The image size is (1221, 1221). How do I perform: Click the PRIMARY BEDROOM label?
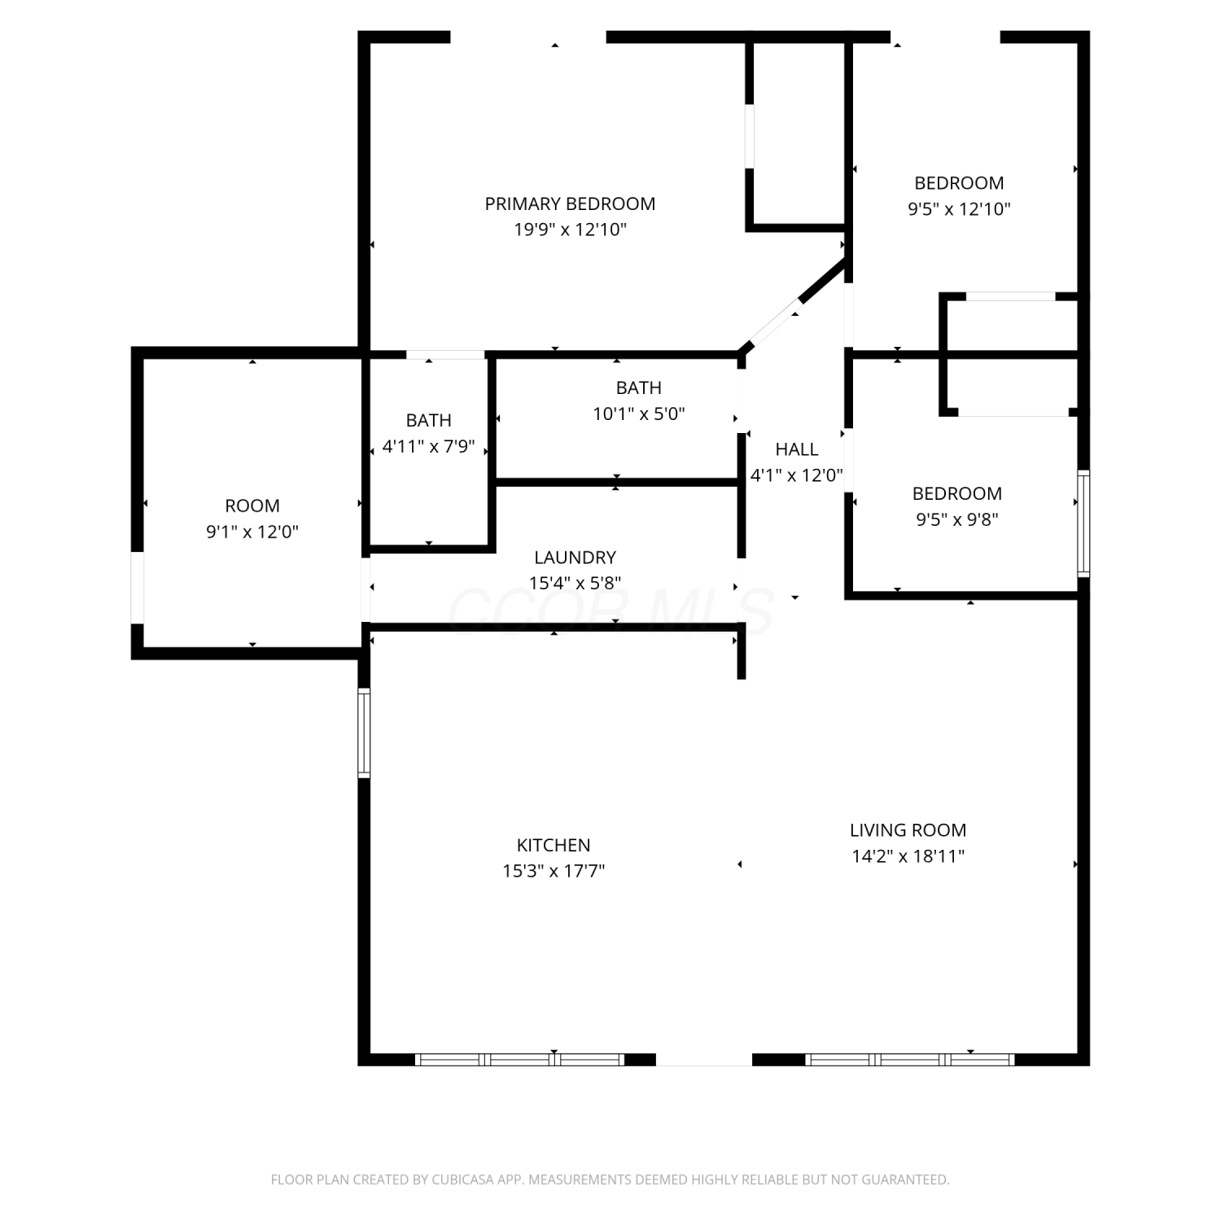[x=570, y=203]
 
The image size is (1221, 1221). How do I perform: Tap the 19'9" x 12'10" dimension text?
[x=570, y=230]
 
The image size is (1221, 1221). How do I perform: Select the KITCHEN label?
[x=554, y=845]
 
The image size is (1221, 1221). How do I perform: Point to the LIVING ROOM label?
[x=908, y=830]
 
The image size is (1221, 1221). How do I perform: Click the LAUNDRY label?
[x=575, y=558]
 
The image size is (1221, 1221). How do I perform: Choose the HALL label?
[x=797, y=449]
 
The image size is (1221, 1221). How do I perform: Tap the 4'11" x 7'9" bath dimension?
[x=428, y=447]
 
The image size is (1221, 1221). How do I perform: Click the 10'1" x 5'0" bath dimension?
[x=639, y=414]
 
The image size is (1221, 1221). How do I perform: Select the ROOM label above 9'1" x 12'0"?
[x=252, y=505]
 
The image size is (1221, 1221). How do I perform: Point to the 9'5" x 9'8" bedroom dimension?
[x=957, y=519]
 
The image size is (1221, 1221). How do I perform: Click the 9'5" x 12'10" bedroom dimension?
[x=959, y=208]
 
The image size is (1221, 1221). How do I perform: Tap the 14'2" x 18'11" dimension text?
[x=908, y=856]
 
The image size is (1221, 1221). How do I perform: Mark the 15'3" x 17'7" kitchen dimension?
[x=554, y=871]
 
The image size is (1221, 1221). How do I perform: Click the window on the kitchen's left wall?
[x=364, y=733]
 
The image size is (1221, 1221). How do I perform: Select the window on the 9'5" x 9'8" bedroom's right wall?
[x=1083, y=523]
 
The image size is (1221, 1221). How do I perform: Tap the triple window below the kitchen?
[x=519, y=1059]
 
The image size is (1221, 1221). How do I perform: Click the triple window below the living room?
[x=910, y=1059]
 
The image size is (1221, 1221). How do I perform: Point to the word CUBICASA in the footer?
[x=462, y=1179]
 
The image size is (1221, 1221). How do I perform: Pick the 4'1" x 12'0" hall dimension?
[x=797, y=475]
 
